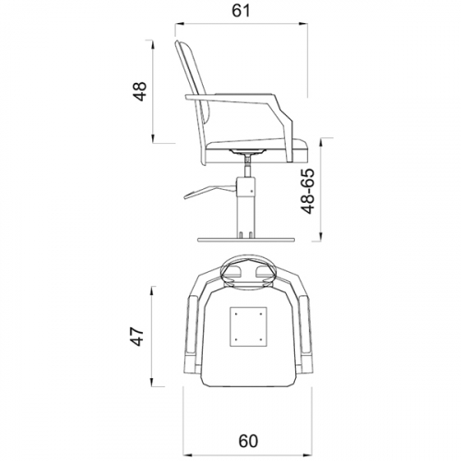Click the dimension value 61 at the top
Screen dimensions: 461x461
(x=241, y=11)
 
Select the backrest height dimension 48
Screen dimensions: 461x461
(x=140, y=91)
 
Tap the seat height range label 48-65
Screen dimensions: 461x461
(x=308, y=191)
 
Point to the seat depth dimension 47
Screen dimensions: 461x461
(x=137, y=337)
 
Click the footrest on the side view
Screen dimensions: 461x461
(x=210, y=192)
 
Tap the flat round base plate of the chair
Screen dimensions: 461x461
(x=245, y=239)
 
